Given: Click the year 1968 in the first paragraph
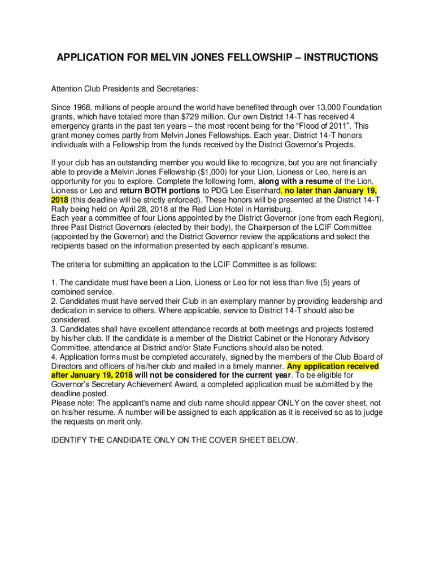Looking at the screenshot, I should [x=82, y=107].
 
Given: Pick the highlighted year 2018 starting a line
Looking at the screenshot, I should [x=60, y=200].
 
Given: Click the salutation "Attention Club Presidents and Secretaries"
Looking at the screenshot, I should [x=124, y=89].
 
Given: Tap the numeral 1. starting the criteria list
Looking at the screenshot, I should [x=54, y=282].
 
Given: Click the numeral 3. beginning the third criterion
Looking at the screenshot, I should [x=54, y=329].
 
